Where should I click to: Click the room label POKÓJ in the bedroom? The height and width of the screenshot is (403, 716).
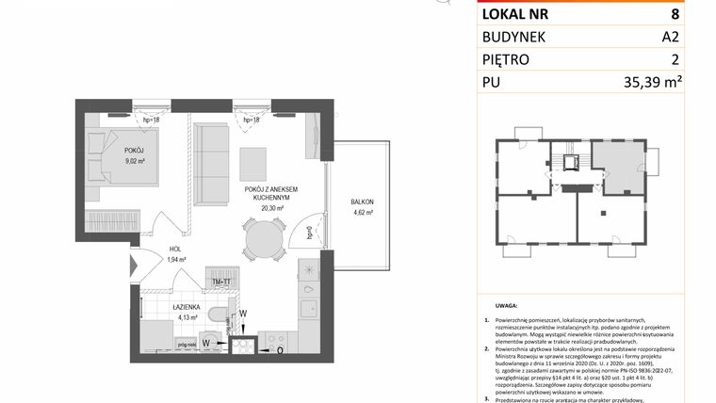(133, 151)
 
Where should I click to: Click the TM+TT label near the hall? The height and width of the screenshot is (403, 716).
(222, 282)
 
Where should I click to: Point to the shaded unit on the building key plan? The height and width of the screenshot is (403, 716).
(618, 168)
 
